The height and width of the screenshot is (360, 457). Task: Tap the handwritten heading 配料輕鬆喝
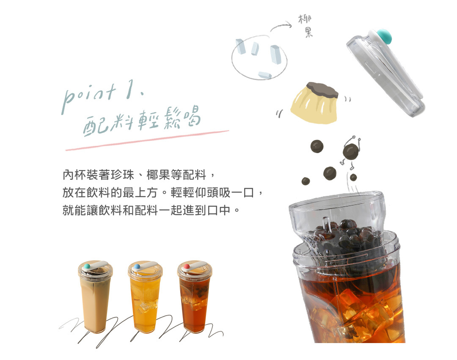pyautogui.click(x=140, y=121)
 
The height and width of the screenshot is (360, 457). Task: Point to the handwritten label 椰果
pyautogui.click(x=306, y=26)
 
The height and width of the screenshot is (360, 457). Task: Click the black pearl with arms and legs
pyautogui.click(x=350, y=151)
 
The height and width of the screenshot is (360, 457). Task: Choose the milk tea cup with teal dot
pyautogui.click(x=95, y=296)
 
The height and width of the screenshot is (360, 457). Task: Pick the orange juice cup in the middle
pyautogui.click(x=145, y=296)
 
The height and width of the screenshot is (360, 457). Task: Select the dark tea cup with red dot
pyautogui.click(x=194, y=296)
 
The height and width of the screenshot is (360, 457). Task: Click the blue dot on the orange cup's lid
pyautogui.click(x=137, y=267)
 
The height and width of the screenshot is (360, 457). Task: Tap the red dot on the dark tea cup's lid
pyautogui.click(x=186, y=267)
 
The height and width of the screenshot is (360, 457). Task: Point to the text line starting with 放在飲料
pyautogui.click(x=163, y=192)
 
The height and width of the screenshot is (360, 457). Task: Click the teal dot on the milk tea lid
pyautogui.click(x=87, y=267)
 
